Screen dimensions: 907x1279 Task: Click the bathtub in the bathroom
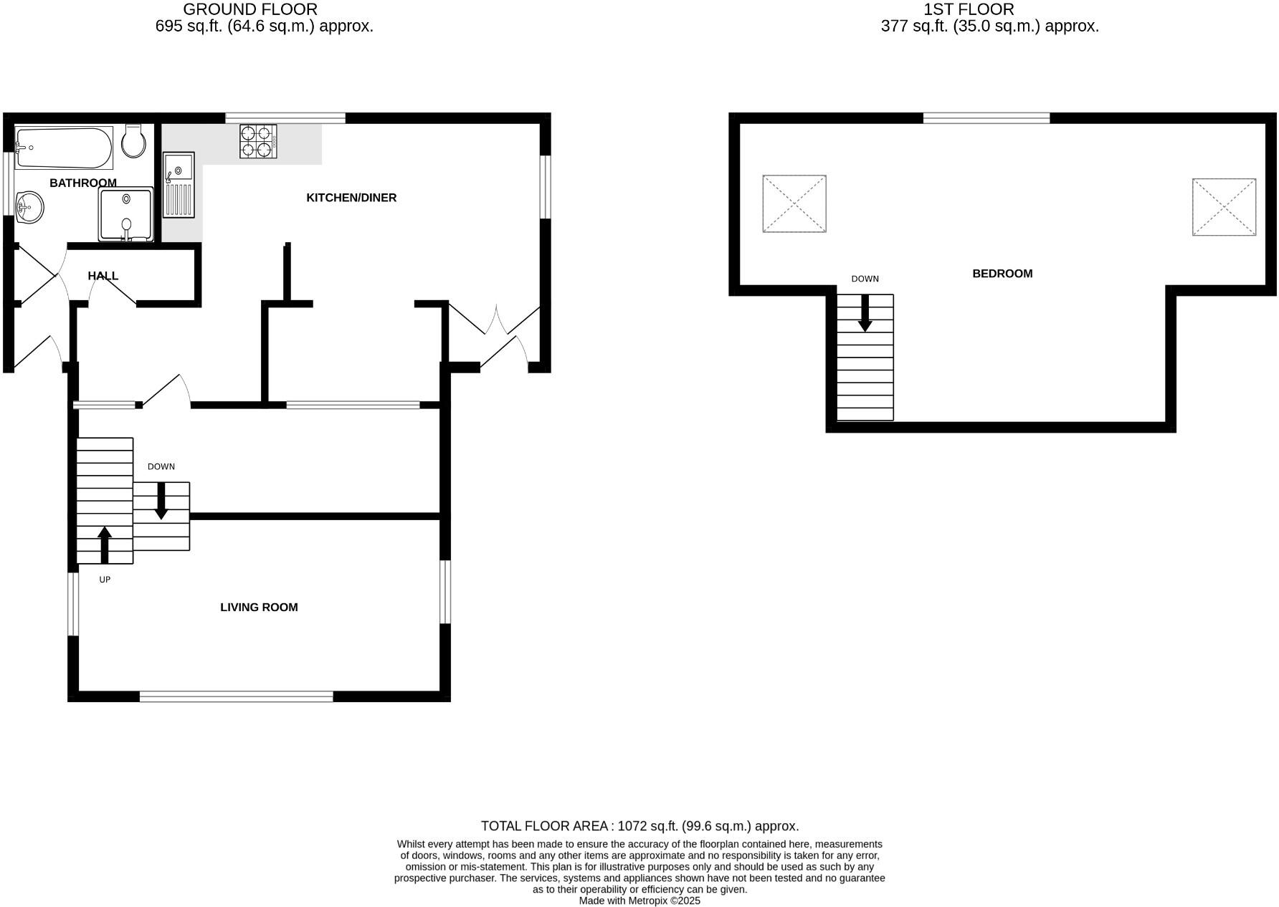click(64, 148)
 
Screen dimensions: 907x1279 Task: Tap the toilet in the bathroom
click(133, 140)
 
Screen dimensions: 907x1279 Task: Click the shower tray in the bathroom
click(126, 213)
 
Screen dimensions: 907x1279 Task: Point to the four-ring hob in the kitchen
click(258, 141)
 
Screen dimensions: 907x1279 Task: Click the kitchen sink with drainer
click(179, 184)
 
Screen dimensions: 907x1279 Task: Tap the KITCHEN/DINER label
click(351, 198)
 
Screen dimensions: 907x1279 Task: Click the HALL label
click(103, 276)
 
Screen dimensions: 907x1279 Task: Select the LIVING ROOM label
click(259, 608)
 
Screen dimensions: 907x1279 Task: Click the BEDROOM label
click(1002, 274)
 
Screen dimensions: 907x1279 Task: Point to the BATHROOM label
click(83, 183)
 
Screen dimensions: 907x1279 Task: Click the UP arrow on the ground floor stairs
click(105, 544)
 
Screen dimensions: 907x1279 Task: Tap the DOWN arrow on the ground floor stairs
click(161, 501)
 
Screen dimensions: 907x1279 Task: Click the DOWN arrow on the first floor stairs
click(865, 313)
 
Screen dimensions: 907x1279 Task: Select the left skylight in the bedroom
click(794, 203)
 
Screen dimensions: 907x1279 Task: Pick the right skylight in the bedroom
click(1224, 207)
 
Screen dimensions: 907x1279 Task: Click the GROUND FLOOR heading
click(250, 10)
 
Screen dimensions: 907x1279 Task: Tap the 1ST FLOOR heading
click(969, 10)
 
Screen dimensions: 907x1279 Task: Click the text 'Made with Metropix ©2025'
click(639, 901)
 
